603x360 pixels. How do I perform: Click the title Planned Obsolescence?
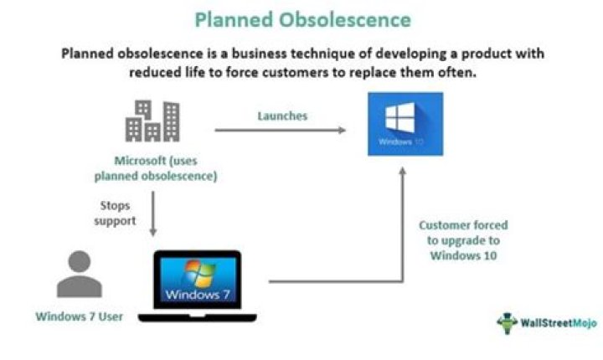click(301, 19)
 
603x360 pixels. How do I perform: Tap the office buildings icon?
click(152, 121)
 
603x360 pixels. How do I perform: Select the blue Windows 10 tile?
click(405, 124)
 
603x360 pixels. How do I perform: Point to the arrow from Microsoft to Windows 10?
click(280, 130)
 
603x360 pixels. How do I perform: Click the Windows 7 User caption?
click(79, 316)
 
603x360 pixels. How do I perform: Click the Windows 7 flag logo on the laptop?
click(198, 271)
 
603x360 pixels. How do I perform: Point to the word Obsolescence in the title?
click(352, 19)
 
